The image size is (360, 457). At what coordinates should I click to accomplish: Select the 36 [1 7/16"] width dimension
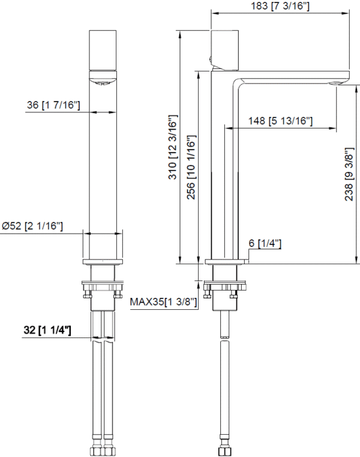tap(53, 105)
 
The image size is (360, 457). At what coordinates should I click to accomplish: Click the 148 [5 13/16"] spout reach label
tap(281, 121)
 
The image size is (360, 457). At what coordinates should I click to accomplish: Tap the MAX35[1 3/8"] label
tap(164, 301)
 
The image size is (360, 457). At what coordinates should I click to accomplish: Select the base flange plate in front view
tap(103, 262)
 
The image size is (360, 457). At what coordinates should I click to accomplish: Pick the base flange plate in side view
tap(226, 262)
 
